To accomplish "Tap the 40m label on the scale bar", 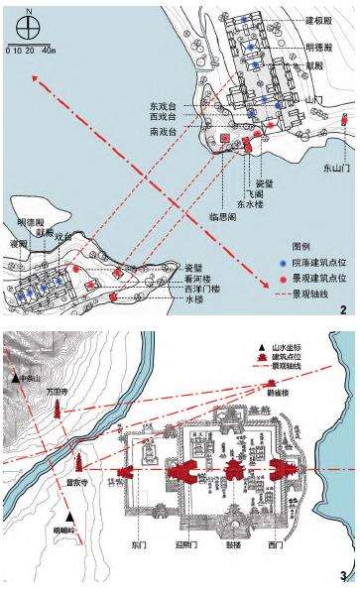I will pyautogui.click(x=48, y=49).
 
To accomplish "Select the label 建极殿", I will pyautogui.click(x=319, y=20).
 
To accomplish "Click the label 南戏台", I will pyautogui.click(x=162, y=131).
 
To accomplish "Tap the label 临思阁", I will pyautogui.click(x=219, y=215).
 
